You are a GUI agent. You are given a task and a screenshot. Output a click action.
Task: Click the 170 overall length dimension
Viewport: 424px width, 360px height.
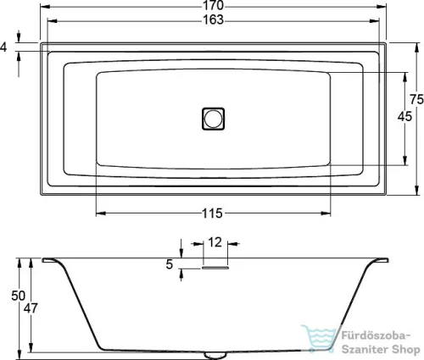tap(213, 5)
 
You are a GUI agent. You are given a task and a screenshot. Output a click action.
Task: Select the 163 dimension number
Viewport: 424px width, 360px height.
tap(213, 19)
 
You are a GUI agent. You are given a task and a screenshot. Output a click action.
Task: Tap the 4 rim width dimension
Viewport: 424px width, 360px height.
tap(3, 47)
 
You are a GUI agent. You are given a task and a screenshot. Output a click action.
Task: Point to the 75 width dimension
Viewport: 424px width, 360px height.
tap(416, 99)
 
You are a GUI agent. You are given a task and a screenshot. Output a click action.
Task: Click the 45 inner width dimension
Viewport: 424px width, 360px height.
tap(404, 116)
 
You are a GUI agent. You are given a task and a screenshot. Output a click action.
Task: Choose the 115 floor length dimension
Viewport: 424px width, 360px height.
tap(212, 213)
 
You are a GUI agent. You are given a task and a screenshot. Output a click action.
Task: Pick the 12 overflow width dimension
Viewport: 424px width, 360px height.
tap(215, 242)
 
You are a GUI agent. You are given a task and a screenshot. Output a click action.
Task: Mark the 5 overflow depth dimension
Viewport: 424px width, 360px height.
tap(169, 264)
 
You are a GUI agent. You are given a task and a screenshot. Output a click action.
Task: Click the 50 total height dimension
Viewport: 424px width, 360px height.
tap(18, 296)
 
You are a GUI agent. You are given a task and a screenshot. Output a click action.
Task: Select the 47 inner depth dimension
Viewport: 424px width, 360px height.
tap(31, 308)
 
